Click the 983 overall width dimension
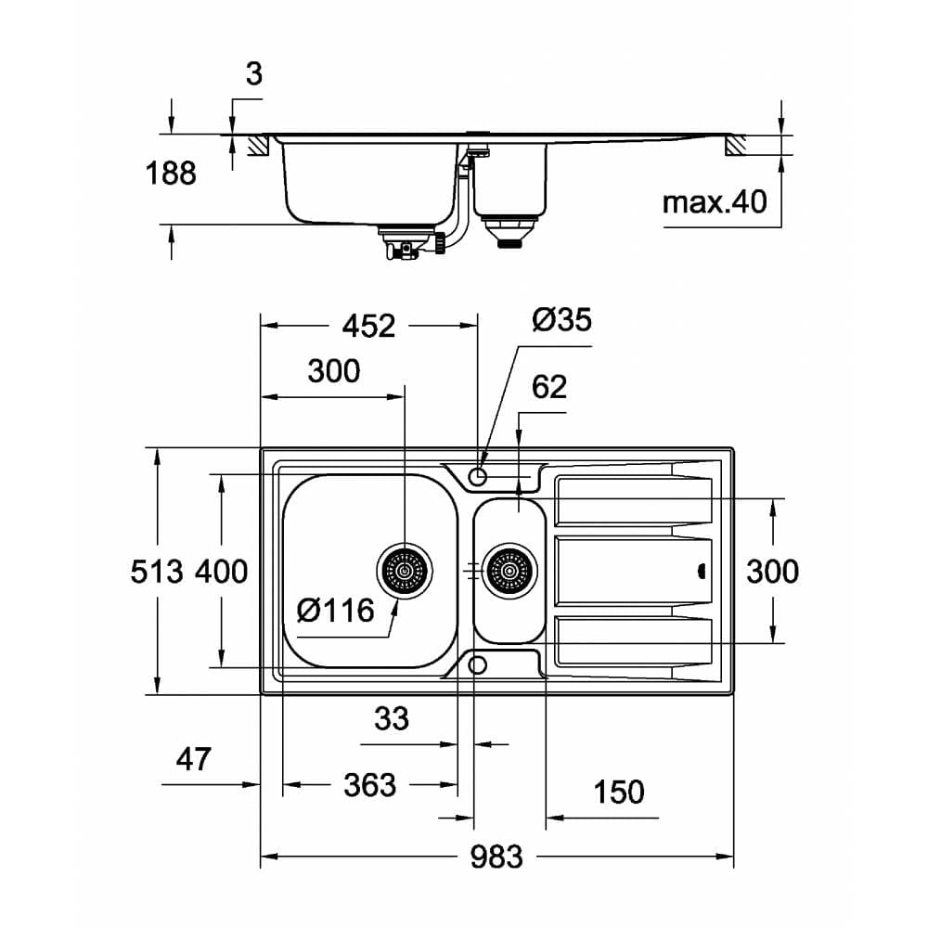(x=496, y=857)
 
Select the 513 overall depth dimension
(x=156, y=571)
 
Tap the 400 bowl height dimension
(x=221, y=571)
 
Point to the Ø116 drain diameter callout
(x=335, y=610)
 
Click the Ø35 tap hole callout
(x=561, y=320)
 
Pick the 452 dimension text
(x=368, y=326)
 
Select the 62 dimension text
(x=549, y=386)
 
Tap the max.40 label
(x=715, y=200)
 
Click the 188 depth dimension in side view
(x=171, y=173)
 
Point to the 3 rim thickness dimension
(x=253, y=74)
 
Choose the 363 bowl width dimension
(x=369, y=785)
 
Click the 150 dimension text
(x=618, y=792)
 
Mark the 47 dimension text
(x=194, y=759)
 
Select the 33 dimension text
(x=391, y=717)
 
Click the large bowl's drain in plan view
(x=405, y=570)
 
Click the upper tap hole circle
(x=478, y=476)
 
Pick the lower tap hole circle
(x=478, y=664)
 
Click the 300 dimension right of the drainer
(x=772, y=571)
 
